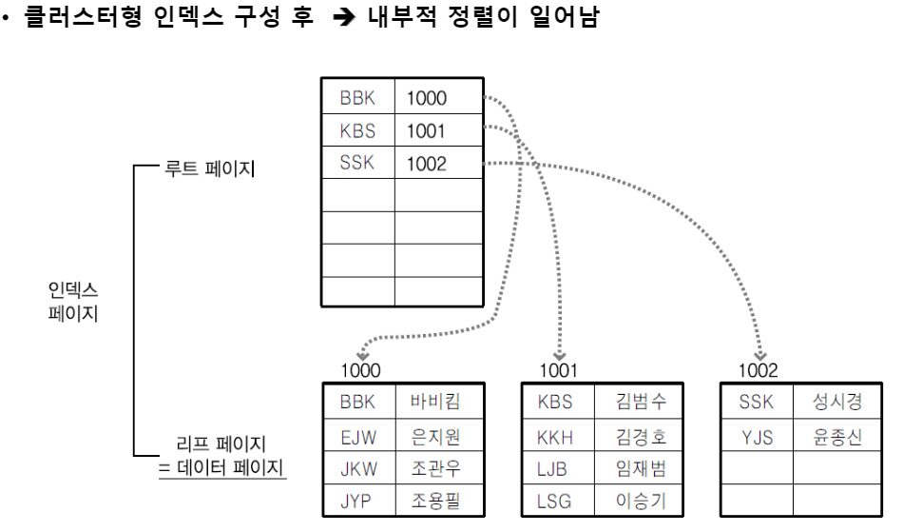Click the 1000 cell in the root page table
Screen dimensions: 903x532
point(427,98)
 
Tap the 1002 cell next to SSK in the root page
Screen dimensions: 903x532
point(427,164)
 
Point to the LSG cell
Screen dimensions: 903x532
point(556,501)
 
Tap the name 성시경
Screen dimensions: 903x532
point(837,402)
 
